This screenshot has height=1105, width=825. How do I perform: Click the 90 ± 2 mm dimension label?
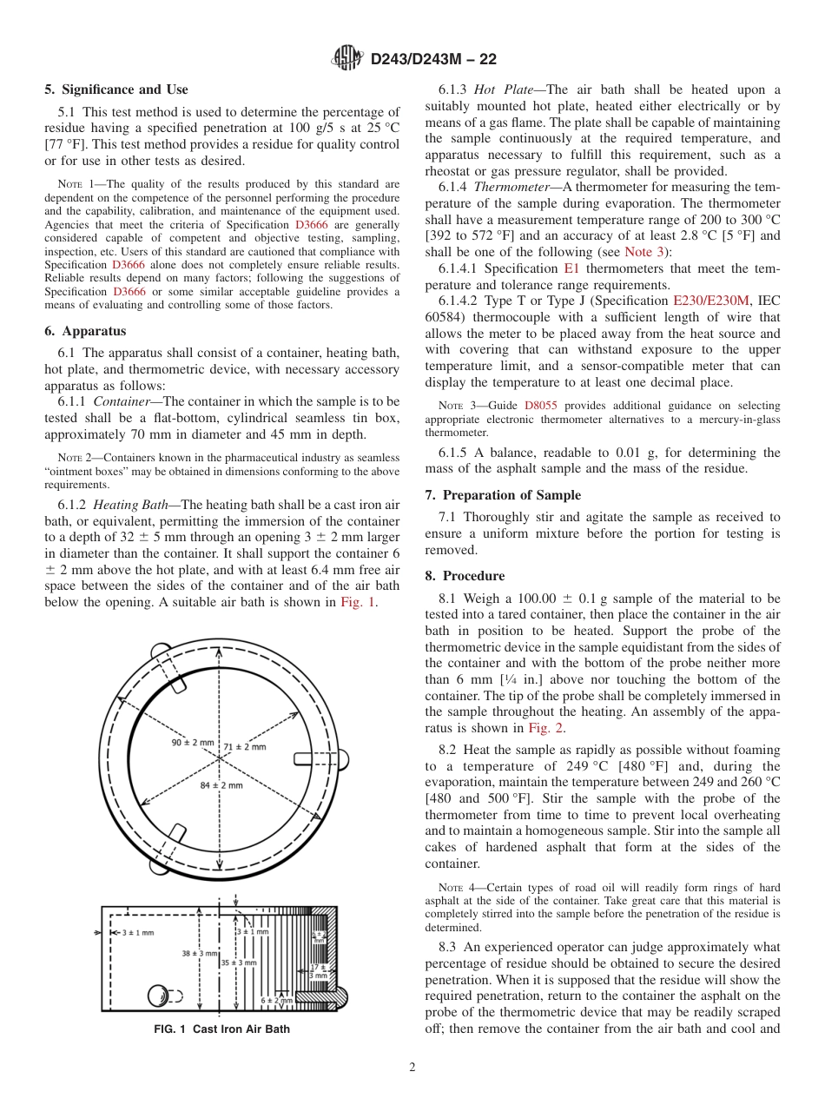192,743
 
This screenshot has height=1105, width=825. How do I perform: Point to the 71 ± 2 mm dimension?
245,746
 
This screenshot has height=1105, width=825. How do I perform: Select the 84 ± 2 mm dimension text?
221,785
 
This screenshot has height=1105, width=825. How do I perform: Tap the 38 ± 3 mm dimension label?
199,953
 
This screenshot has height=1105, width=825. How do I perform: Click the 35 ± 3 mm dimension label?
238,963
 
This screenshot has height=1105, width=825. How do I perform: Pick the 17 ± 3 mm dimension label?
320,970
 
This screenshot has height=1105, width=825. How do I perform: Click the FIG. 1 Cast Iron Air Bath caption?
221,1029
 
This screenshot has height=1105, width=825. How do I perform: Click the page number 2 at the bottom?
412,1068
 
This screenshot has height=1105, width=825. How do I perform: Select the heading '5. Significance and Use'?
116,89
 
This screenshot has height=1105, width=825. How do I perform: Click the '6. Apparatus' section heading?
85,331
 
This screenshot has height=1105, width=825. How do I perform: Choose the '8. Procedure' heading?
465,575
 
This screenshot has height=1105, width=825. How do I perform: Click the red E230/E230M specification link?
710,301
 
